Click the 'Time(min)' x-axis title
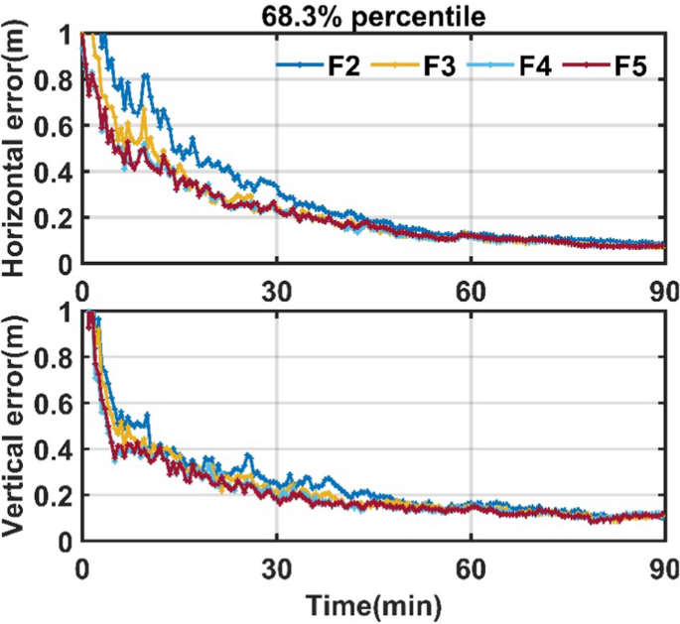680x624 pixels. (372, 604)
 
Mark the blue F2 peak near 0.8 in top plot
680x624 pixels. (147, 75)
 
